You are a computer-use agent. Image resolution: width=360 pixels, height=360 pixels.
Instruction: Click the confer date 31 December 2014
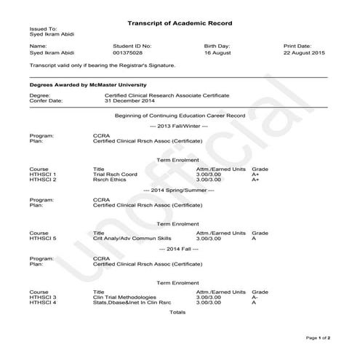130,100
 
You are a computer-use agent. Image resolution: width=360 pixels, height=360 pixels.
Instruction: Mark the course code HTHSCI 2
43,180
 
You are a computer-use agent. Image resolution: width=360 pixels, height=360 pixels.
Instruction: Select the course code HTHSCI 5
43,238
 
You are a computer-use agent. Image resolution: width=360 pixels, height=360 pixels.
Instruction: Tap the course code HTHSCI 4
43,303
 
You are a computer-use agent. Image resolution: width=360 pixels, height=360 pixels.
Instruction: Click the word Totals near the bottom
177,312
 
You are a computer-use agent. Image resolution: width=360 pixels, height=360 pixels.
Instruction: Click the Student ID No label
132,45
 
